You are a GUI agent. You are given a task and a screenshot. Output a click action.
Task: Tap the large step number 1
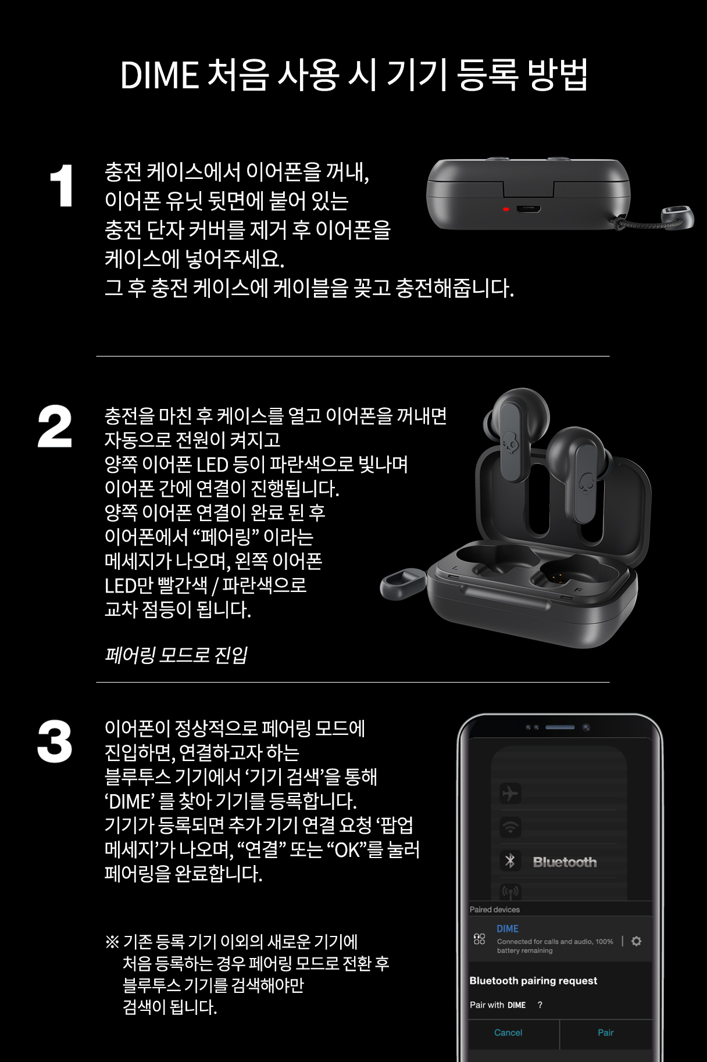tap(62, 186)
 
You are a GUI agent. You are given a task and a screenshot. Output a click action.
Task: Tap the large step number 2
tap(55, 426)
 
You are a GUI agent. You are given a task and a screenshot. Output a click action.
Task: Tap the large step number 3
tap(55, 741)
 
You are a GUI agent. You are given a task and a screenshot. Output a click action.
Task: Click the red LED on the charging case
tap(506, 209)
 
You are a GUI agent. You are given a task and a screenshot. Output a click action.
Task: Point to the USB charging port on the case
tap(529, 209)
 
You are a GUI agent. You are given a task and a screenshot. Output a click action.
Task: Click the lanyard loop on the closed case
tap(677, 217)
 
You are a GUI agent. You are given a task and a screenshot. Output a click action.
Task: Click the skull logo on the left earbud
tap(509, 444)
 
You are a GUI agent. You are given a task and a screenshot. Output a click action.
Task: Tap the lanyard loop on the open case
tap(402, 583)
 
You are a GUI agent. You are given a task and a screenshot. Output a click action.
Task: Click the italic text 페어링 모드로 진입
tap(176, 655)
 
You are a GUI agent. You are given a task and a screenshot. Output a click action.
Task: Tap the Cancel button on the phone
tap(508, 1032)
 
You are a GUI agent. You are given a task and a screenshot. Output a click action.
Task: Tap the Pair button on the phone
tap(605, 1032)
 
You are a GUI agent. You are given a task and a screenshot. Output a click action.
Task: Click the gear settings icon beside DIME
tap(637, 941)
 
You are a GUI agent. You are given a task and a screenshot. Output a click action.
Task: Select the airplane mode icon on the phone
tap(510, 793)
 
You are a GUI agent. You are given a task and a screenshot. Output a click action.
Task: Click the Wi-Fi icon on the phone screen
tap(510, 827)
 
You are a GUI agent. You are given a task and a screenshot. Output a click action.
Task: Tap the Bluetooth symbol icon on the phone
tap(510, 861)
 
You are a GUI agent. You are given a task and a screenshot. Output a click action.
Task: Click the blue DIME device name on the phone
tap(508, 929)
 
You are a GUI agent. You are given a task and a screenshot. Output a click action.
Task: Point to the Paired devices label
tap(495, 910)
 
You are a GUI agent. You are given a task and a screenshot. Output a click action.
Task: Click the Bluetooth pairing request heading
tap(533, 981)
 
